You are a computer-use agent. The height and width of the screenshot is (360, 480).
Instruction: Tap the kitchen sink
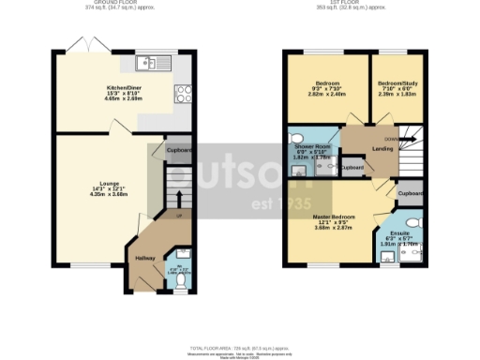coord(147,63)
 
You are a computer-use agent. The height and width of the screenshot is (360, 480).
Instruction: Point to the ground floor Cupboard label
coord(180,150)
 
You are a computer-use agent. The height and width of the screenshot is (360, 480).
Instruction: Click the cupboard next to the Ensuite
coord(410,193)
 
